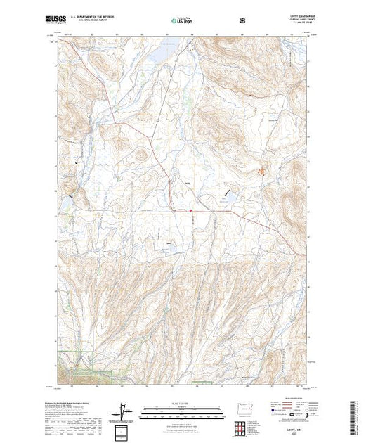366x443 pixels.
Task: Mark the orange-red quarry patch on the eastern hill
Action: click(x=264, y=169)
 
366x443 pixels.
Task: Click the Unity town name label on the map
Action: click(x=188, y=185)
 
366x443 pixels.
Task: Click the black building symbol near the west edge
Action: click(x=76, y=163)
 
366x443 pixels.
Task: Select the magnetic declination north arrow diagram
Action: click(x=124, y=410)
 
